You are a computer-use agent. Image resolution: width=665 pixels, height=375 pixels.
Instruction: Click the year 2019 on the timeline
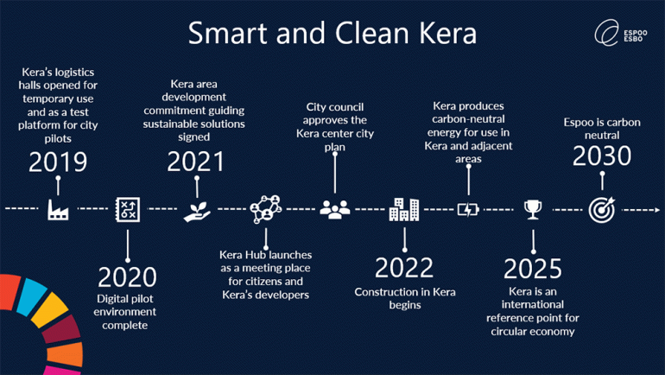pyautogui.click(x=58, y=162)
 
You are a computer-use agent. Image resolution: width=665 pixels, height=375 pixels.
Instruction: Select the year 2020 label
pyautogui.click(x=127, y=277)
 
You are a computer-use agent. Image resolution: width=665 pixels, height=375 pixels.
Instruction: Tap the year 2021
pyautogui.click(x=195, y=162)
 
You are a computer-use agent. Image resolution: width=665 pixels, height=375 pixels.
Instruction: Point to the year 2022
pyautogui.click(x=404, y=268)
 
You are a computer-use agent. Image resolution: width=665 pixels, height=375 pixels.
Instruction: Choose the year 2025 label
pyautogui.click(x=533, y=269)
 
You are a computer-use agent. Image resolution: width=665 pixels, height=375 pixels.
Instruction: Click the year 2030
pyautogui.click(x=602, y=156)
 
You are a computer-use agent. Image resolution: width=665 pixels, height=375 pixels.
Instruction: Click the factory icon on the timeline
pyautogui.click(x=58, y=209)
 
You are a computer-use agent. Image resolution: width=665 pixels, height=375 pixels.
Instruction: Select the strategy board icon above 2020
pyautogui.click(x=128, y=209)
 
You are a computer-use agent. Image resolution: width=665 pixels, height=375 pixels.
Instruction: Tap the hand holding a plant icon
pyautogui.click(x=197, y=211)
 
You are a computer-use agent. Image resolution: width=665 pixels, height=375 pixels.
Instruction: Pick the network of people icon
pyautogui.click(x=266, y=209)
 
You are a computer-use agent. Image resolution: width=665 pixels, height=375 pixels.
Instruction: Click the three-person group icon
pyautogui.click(x=335, y=209)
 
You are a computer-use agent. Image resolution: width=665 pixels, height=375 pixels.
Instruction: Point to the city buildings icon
pyautogui.click(x=404, y=209)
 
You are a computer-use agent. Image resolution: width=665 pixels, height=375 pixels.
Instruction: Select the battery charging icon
pyautogui.click(x=468, y=210)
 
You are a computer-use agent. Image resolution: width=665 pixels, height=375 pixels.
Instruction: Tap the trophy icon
pyautogui.click(x=533, y=210)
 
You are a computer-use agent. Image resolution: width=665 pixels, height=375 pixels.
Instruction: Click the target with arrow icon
pyautogui.click(x=602, y=210)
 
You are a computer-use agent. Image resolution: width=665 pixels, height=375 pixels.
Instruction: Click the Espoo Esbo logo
pyautogui.click(x=621, y=33)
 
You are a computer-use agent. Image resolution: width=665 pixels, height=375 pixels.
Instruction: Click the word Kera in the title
pyautogui.click(x=448, y=33)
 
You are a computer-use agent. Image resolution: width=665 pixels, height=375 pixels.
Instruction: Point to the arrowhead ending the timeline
pyautogui.click(x=657, y=210)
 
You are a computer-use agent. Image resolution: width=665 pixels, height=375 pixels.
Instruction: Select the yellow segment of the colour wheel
pyautogui.click(x=50, y=309)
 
